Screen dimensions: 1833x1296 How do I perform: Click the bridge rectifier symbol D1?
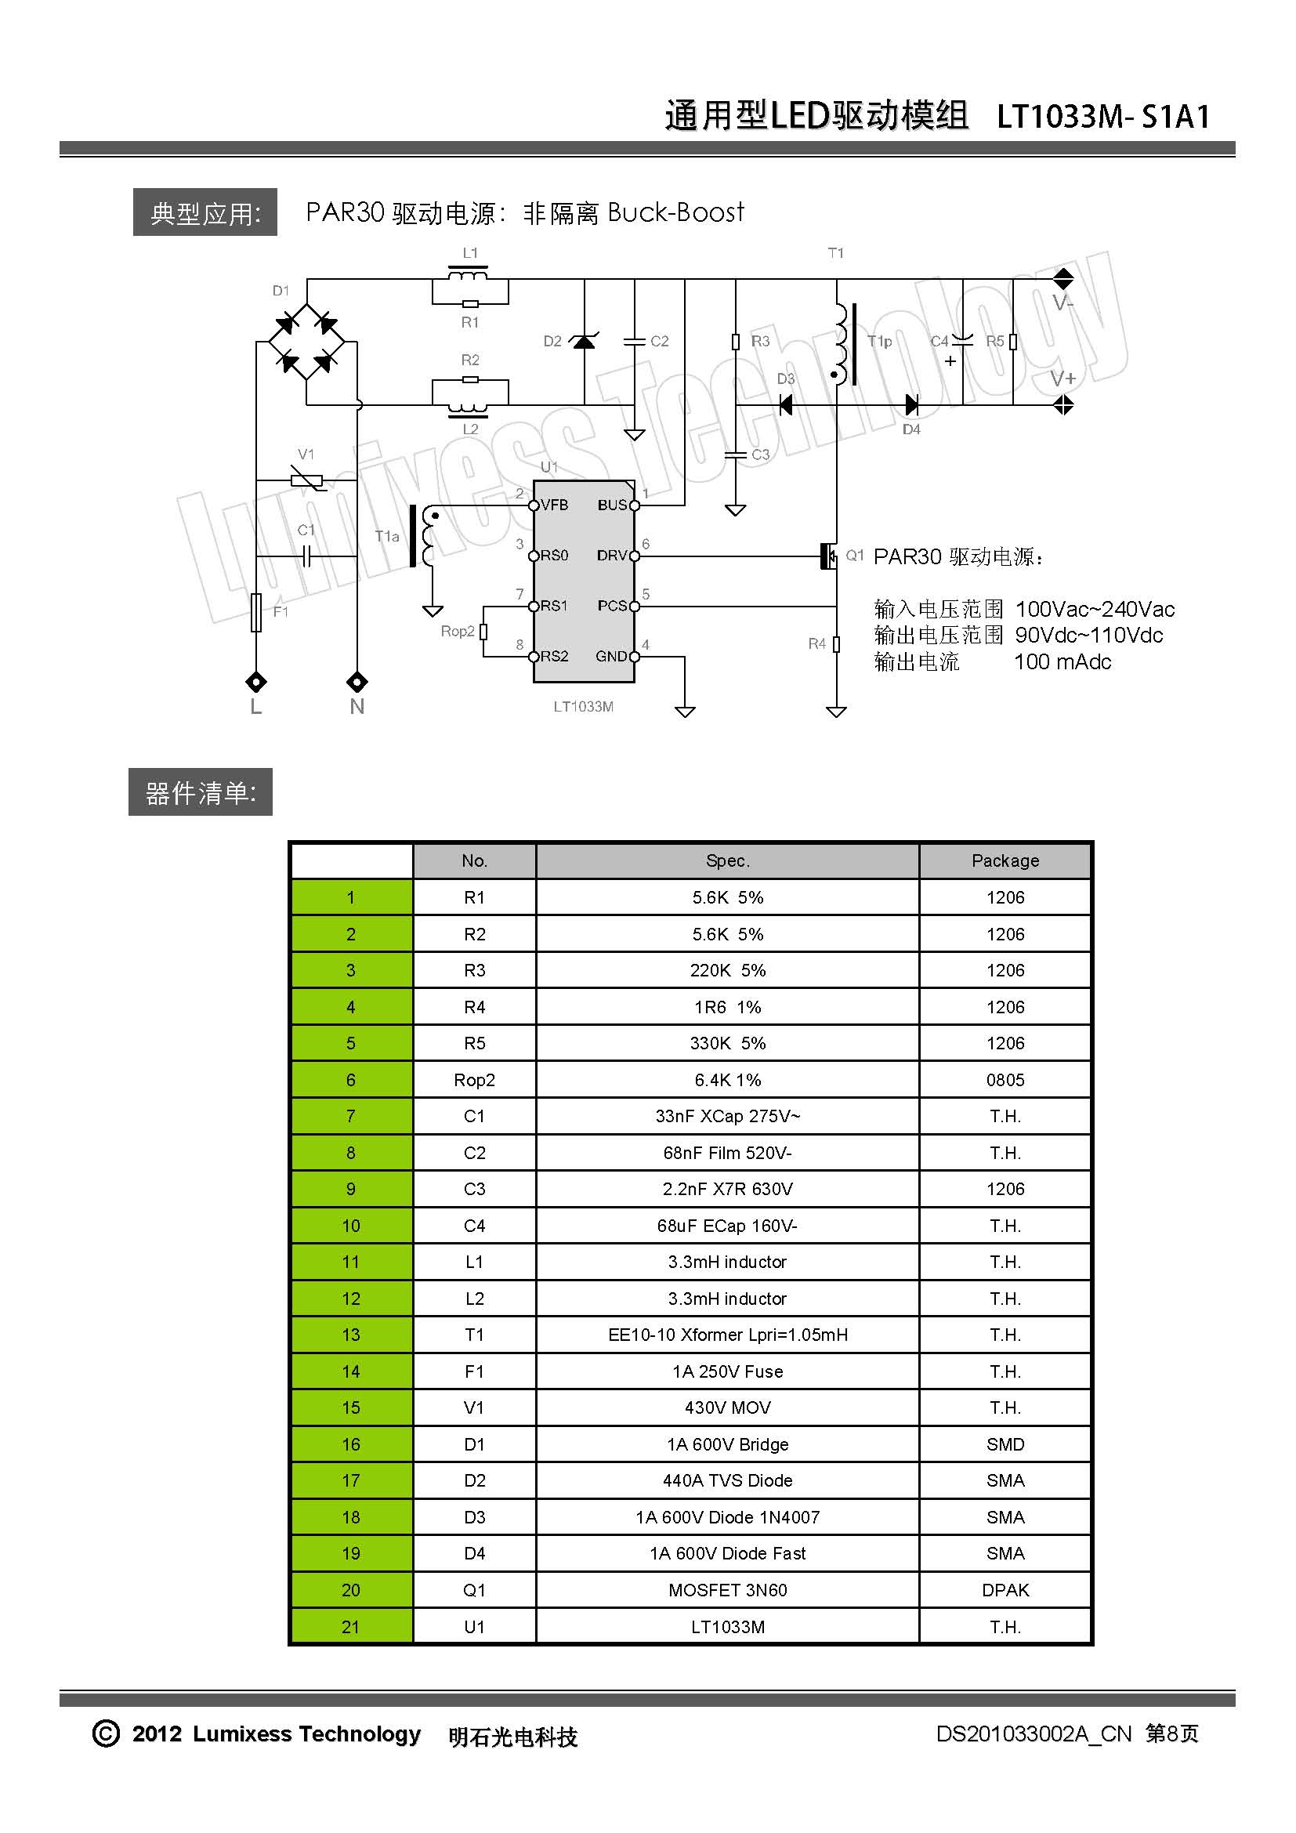[x=306, y=342]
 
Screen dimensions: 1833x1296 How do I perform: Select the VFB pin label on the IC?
[x=555, y=505]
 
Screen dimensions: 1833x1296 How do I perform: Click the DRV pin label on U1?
[x=611, y=556]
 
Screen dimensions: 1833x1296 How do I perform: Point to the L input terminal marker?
[x=256, y=682]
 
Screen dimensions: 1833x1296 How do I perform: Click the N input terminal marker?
[x=357, y=682]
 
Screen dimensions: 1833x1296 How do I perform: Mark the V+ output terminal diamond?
[x=1063, y=406]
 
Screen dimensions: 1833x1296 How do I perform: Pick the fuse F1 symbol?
[x=256, y=612]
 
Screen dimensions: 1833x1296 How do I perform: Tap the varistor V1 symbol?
[x=306, y=480]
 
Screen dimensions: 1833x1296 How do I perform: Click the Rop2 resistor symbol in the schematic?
[x=483, y=632]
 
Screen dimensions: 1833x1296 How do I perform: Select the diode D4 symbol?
[x=911, y=406]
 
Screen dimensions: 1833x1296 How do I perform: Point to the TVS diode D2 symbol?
[x=585, y=342]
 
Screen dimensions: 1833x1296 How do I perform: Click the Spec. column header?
[x=727, y=860]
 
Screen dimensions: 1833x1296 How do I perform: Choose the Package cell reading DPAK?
[x=1005, y=1589]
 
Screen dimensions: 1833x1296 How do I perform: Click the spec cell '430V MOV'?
[x=727, y=1407]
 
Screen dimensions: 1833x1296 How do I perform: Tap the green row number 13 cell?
[x=351, y=1335]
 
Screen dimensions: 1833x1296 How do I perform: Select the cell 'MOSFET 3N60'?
[x=727, y=1589]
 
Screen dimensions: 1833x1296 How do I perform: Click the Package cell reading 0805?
[x=1005, y=1080]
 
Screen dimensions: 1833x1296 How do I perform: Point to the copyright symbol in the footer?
[x=106, y=1733]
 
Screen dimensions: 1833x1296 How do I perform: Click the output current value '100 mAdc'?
[x=1063, y=662]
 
